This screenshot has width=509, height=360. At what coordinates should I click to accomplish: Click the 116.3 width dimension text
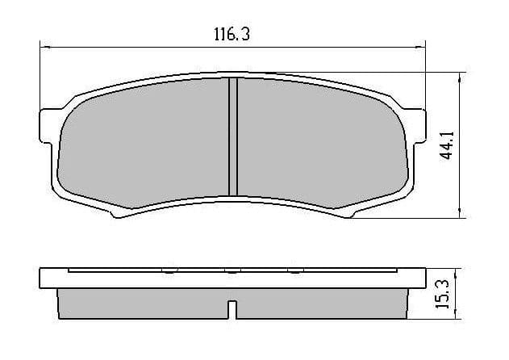pos(230,34)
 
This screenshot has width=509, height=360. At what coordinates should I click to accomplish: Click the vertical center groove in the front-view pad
pos(232,137)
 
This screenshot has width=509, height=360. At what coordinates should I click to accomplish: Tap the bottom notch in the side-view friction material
pos(232,309)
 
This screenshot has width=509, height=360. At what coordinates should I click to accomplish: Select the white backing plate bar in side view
pos(232,279)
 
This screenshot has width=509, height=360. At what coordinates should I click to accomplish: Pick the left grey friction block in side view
pos(141,303)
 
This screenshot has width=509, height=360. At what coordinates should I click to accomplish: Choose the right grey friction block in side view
pos(323,303)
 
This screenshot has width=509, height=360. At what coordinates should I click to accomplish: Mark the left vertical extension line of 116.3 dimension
pos(40,77)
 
